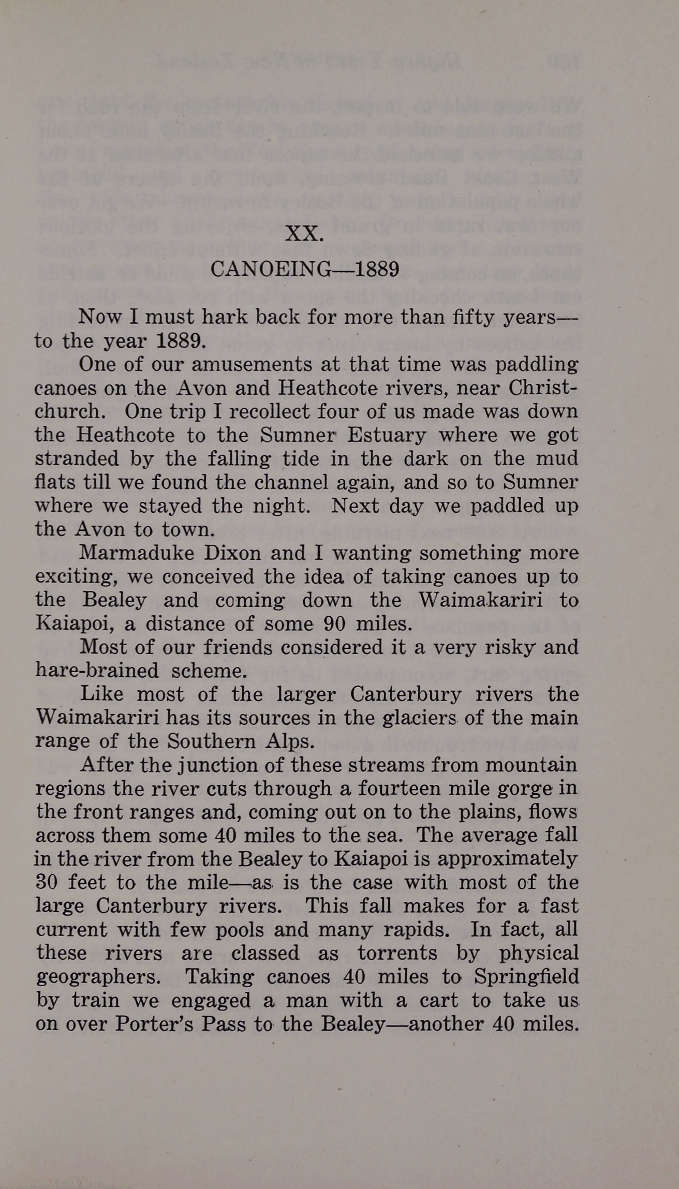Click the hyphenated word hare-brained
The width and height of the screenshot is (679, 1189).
[x=97, y=671]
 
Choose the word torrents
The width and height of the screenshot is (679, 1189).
[x=397, y=954]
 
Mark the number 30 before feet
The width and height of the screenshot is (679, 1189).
[x=47, y=883]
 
